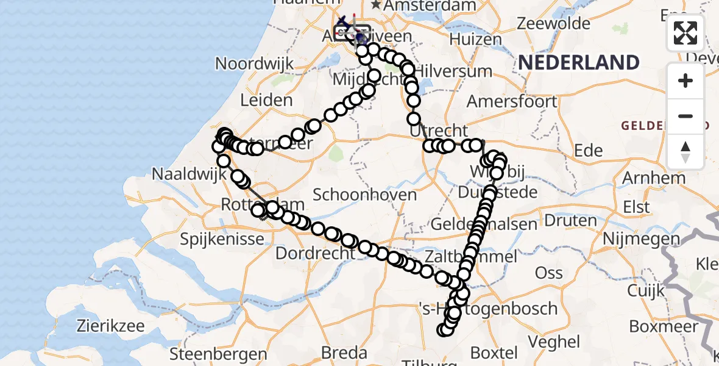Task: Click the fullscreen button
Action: pos(685,33)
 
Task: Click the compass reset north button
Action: pos(685,152)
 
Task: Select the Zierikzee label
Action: pos(110,326)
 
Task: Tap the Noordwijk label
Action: pos(254,63)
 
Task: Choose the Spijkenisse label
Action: pos(222,239)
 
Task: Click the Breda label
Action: pos(344,353)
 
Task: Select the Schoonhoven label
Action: pos(364,195)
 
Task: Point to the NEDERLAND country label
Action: pos(578,62)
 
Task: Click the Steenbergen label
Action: pos(218,354)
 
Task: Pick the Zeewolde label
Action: pos(553,24)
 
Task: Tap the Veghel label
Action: pos(555,341)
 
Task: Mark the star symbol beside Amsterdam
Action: pos(376,5)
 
